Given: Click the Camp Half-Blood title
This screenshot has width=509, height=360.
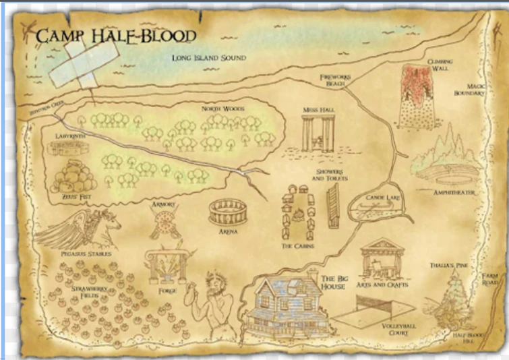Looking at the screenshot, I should pos(115,36).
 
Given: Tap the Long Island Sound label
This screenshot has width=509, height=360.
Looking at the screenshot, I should pos(208,59).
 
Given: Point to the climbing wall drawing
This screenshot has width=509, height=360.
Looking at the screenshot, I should pos(417,95).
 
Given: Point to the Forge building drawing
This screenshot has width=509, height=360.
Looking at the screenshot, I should pos(164,267).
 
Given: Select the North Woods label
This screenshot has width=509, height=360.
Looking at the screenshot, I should pos(222,109).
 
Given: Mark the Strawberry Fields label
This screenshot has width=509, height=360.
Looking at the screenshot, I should pos(84,292).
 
